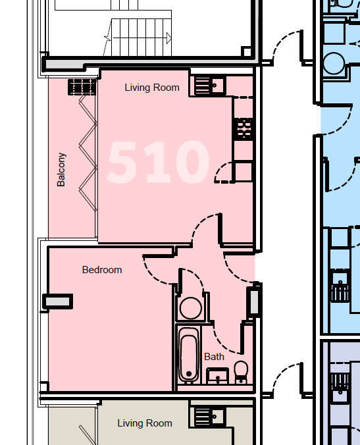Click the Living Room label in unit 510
[x=151, y=88]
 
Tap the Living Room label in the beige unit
[x=145, y=423]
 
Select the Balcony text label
[x=61, y=169]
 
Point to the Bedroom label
[x=102, y=270]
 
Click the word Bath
[x=214, y=357]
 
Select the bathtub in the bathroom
[x=189, y=355]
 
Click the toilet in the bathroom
[x=241, y=371]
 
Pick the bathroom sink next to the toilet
[x=217, y=377]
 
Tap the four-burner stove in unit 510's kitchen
[x=244, y=128]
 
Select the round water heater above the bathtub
[x=191, y=307]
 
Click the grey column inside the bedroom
[x=57, y=301]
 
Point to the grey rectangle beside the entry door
[x=254, y=301]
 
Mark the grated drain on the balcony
[x=82, y=87]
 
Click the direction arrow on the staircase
[x=168, y=37]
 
